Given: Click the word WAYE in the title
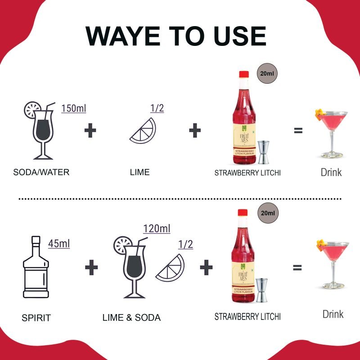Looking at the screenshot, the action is [123, 36].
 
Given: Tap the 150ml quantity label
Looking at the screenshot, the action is [74, 108].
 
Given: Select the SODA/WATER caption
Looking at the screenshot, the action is [41, 172].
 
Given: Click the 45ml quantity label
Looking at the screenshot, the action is [59, 243].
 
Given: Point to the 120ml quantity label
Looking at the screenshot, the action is [157, 229].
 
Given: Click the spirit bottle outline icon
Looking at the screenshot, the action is [36, 267].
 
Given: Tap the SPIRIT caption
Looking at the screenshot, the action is [36, 318].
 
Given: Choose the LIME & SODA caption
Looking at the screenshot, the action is [131, 318].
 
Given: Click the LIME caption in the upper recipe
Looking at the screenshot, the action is [140, 172].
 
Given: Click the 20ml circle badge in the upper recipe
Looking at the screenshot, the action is [267, 73].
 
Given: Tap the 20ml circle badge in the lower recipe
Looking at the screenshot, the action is [268, 213].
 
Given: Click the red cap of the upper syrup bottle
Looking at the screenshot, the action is [244, 74].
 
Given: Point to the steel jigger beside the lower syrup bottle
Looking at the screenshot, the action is [261, 290].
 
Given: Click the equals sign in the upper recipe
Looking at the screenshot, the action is [298, 130].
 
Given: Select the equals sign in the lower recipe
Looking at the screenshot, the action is [297, 267].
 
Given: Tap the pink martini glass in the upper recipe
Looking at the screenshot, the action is [332, 134].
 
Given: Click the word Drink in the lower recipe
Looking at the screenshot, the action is [333, 314].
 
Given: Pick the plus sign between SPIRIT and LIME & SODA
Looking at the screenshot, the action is [91, 267].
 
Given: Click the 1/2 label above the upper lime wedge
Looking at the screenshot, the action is [157, 108].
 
